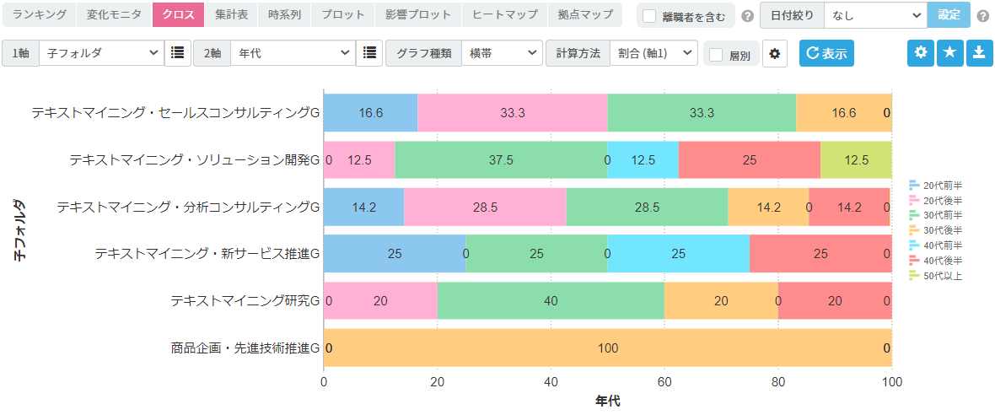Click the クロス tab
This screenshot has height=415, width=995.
coord(178,14)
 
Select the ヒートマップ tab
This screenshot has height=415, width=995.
coord(504,14)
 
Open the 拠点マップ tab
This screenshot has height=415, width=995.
coord(585,14)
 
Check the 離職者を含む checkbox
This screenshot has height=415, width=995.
coord(649,16)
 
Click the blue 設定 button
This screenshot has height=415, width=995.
coord(949,14)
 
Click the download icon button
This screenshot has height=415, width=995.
coord(978,52)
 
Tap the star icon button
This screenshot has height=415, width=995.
coord(949,52)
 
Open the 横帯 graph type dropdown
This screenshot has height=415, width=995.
coord(502,53)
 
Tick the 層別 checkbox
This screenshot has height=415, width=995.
coord(716,55)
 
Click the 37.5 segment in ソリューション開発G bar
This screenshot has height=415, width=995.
coord(501,159)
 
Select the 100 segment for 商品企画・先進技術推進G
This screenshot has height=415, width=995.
coord(607,348)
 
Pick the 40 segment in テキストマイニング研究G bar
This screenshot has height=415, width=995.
coord(551,300)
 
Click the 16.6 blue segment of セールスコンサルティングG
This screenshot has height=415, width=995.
coord(370,113)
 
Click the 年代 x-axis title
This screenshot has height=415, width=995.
coord(607,401)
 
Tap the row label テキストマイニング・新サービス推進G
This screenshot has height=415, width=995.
coord(207,253)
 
